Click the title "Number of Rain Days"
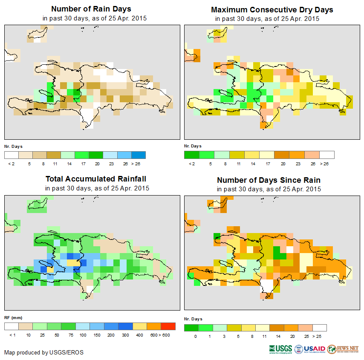[91, 9]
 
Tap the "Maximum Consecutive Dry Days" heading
[272, 9]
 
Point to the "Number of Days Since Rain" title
[269, 180]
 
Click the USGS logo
[280, 349]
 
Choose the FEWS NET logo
[343, 349]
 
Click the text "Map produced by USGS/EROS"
[44, 352]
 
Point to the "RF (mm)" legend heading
[13, 318]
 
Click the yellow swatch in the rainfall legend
[140, 326]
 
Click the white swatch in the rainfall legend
[12, 326]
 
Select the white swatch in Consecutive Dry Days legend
[327, 155]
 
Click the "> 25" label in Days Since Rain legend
[321, 336]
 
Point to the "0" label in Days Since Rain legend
[195, 336]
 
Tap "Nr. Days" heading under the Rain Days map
[13, 147]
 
